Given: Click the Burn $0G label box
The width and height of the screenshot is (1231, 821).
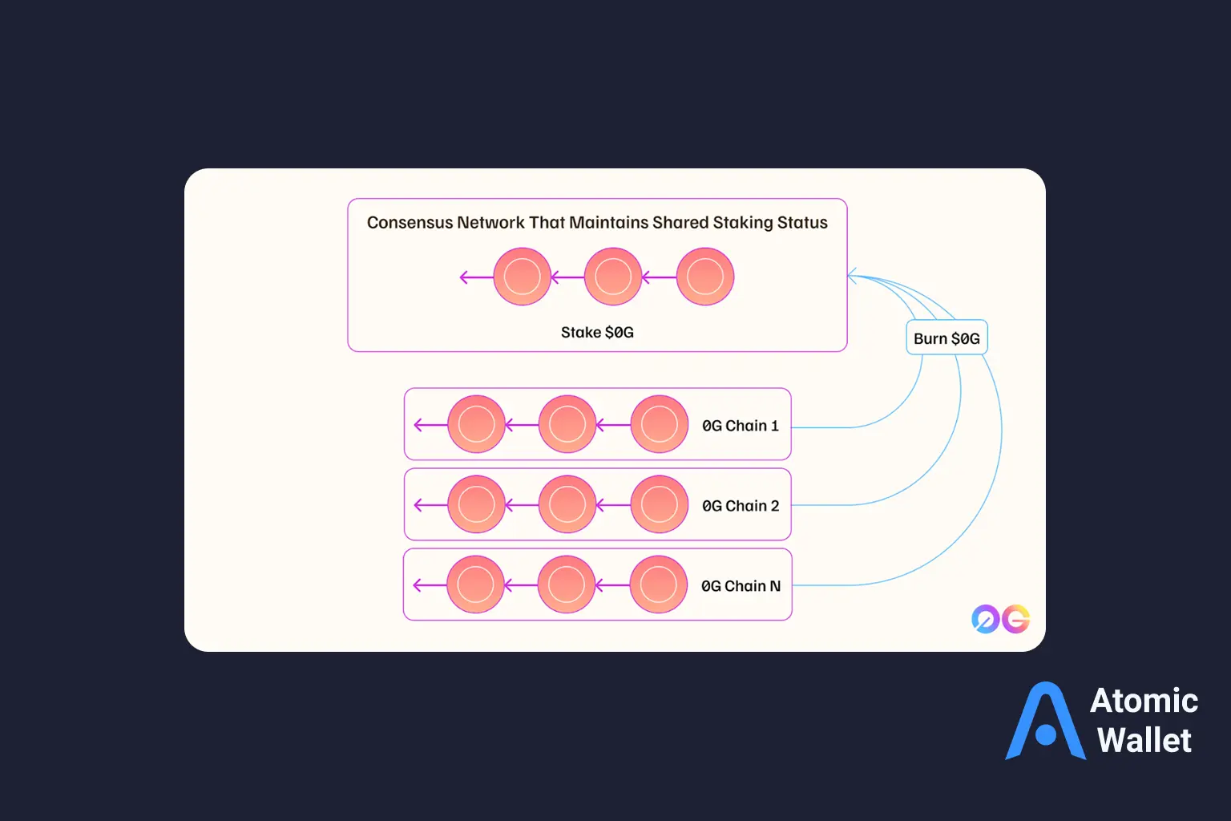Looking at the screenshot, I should tap(946, 338).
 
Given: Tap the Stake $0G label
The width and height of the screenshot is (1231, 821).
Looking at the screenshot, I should tap(597, 332).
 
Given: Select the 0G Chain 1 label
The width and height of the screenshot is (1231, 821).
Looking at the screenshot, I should tap(740, 426).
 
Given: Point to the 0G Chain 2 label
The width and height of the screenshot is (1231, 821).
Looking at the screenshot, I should tap(740, 506).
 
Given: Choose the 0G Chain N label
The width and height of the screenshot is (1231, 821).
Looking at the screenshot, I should tap(741, 586).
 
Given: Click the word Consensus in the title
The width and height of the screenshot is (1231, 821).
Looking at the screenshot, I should tap(410, 223).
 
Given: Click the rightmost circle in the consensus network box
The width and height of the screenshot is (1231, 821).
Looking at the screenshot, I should tap(705, 277).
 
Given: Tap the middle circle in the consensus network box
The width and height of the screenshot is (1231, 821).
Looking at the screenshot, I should tap(613, 277).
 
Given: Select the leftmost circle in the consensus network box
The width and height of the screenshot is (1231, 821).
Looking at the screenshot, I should tap(522, 277).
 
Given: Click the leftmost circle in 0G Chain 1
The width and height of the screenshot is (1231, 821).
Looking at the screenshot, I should tap(476, 424).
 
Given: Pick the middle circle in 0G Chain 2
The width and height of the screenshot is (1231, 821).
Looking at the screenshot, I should tap(567, 504).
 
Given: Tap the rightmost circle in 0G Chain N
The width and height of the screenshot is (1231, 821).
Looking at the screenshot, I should tap(659, 584).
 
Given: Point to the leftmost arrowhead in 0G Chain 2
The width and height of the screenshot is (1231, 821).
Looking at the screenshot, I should tap(418, 505).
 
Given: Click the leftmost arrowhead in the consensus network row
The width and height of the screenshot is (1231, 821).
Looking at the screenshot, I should tap(463, 277).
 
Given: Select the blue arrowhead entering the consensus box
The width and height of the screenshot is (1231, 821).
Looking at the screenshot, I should tap(852, 277).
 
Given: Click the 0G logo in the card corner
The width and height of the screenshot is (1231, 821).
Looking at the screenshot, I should tap(1000, 619).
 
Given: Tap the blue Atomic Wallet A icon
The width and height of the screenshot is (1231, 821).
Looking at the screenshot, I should tap(1046, 722).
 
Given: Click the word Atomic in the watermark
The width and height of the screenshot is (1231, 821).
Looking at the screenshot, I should tap(1144, 701).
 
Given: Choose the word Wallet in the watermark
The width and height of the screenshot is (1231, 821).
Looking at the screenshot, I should tap(1144, 740).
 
